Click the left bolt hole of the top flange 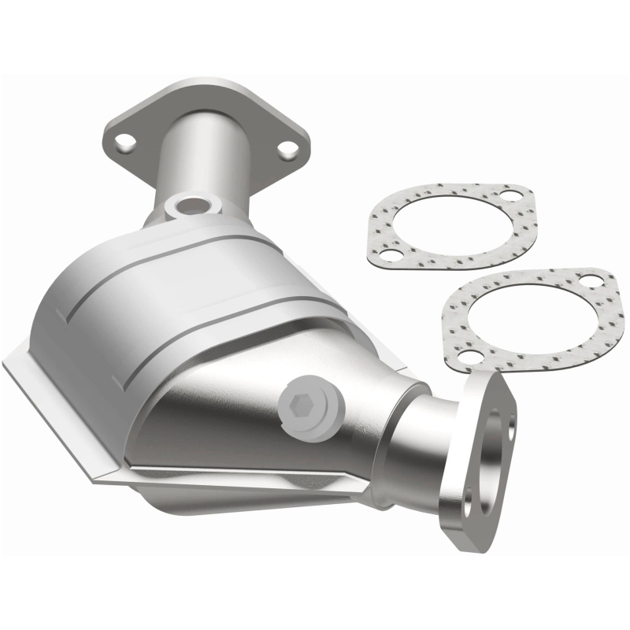(x=124, y=143)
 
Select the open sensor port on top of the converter (x=191, y=206)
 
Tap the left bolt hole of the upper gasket (x=388, y=254)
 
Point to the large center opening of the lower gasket (x=529, y=319)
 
